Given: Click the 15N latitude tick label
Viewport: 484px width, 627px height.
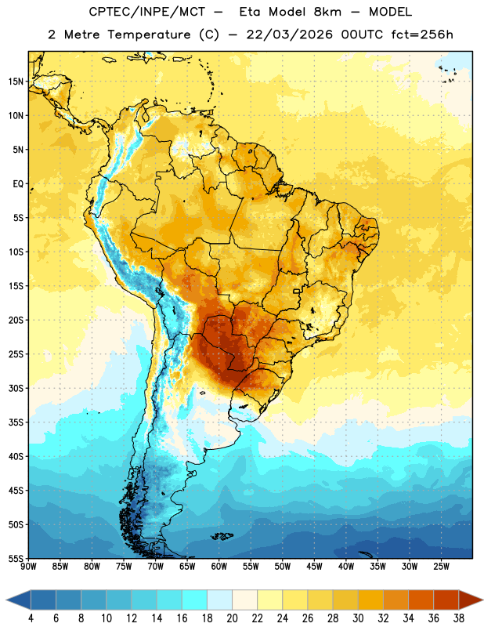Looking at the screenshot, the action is [16, 82].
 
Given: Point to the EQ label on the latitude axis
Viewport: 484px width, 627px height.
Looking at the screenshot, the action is [18, 184].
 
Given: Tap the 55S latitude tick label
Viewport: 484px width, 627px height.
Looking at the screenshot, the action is [16, 558].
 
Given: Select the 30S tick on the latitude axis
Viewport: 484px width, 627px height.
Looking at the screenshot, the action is [16, 388].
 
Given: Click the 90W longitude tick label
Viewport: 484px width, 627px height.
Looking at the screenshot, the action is [28, 567].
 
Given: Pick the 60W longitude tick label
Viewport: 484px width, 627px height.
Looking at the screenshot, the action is [219, 567].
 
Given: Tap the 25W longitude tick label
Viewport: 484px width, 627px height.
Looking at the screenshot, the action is [441, 567].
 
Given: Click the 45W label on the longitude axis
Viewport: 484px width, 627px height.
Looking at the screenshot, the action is [314, 567].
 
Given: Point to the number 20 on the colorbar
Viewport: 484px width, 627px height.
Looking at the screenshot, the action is [232, 618].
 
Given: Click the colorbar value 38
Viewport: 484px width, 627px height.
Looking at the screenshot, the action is [459, 618].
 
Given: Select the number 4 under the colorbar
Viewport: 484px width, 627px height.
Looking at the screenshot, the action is [31, 618].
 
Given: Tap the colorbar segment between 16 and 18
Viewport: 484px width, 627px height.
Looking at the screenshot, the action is [195, 600].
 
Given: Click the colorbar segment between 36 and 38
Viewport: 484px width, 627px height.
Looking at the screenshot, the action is [446, 600].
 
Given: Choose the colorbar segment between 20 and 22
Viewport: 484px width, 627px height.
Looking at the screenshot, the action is [244, 600].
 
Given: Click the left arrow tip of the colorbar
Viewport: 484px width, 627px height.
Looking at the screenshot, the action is [6, 600].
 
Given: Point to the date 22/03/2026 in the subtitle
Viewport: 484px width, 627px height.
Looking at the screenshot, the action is [289, 34].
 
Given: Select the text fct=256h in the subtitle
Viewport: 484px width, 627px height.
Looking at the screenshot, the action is [422, 34].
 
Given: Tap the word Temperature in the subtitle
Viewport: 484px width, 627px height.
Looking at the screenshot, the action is [149, 34].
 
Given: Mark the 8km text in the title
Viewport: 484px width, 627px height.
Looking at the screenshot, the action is [327, 12].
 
